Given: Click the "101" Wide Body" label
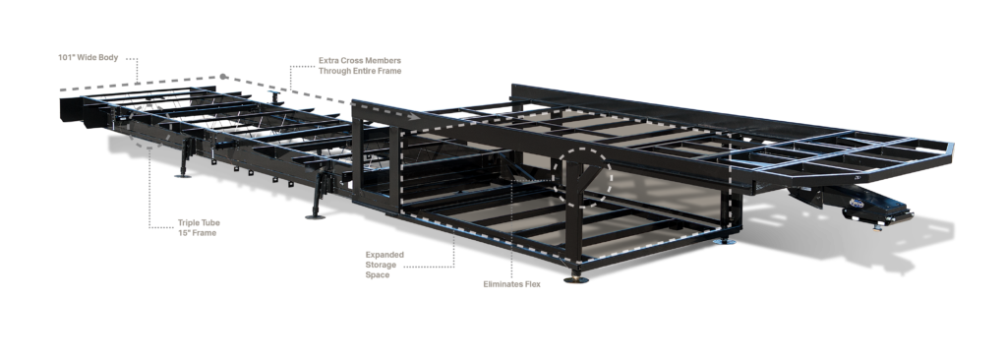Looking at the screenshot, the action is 88,58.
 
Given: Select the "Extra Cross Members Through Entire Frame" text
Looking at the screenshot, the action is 360,66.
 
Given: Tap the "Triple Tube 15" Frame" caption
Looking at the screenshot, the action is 199,227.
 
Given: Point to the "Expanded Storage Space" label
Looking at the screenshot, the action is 385,265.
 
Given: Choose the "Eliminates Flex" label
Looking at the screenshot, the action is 511,284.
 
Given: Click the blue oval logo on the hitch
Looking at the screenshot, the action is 857,204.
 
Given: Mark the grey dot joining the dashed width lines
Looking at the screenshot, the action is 223,77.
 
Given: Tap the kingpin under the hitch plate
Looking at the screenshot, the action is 877,225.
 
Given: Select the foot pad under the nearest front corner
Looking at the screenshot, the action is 575,279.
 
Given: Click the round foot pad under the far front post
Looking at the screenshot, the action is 725,241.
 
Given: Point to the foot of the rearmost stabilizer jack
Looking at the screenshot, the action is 183,174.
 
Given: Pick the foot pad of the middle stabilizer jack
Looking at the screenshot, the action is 315,216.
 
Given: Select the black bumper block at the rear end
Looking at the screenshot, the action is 72,110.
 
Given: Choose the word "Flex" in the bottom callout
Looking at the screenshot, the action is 531,284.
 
